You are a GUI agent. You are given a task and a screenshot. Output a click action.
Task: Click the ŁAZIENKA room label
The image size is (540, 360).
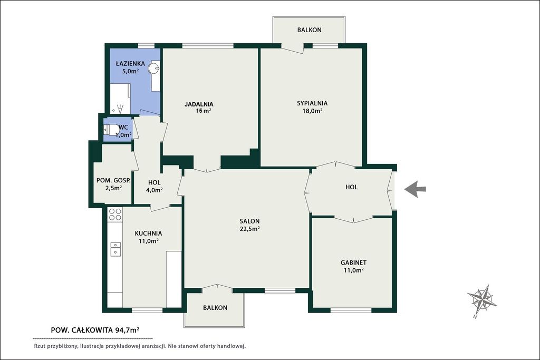pos(130,63)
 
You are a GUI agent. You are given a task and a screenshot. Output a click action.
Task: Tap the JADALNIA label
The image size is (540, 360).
pos(199,104)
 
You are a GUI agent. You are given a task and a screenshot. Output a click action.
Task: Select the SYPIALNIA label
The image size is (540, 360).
pos(312,103)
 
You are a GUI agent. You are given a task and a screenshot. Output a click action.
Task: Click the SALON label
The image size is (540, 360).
pos(249,221)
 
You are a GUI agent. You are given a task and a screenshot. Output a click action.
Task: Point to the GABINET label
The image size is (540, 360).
pos(353,262)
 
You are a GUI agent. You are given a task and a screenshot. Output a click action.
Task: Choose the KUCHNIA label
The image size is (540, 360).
pos(148,233)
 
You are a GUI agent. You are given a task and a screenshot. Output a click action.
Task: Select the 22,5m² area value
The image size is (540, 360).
pos(249,229)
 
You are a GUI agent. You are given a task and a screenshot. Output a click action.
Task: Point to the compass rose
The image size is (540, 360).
pos(482,298)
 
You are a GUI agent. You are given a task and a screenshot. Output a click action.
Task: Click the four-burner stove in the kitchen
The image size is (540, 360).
pos(115,214)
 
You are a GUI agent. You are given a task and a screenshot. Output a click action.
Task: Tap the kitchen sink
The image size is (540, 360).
pos(115,249)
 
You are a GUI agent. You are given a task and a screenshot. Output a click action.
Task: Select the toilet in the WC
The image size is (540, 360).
pos(110,130)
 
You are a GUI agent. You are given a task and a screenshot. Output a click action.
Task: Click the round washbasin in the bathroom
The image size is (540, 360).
pos(154,69)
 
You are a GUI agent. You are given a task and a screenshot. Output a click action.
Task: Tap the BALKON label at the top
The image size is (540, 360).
pos(309,30)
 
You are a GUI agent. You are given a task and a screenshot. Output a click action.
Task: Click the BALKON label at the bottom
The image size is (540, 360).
pos(215,308)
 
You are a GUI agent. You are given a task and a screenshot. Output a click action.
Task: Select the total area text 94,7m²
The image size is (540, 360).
pos(124,330)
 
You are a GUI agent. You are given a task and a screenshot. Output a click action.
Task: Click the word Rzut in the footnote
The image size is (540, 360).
pos(40,346)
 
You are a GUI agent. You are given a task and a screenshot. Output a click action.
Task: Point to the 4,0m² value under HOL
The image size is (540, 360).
pos(155,190)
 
